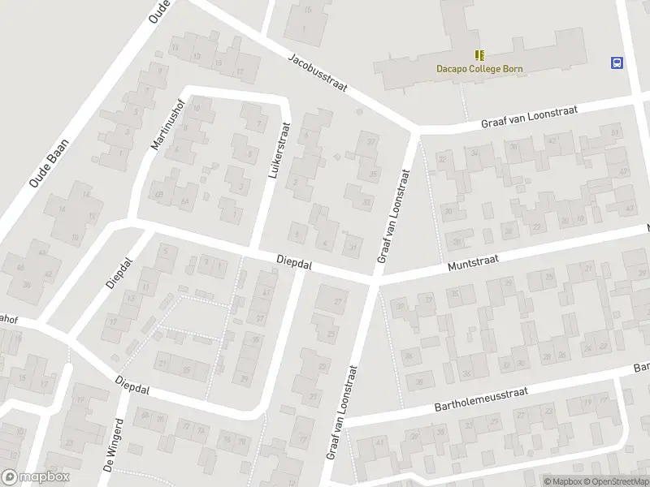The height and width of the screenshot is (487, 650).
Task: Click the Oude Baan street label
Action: [50, 164]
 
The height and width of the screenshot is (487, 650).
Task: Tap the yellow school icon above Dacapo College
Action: [479, 55]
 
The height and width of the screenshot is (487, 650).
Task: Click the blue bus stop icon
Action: [617, 62]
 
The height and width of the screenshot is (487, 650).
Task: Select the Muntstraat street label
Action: [472, 264]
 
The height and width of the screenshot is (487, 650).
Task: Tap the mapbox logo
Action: [35, 477]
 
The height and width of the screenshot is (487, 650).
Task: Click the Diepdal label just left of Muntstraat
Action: [294, 262]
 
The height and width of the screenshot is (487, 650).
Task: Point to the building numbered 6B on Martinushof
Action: [159, 195]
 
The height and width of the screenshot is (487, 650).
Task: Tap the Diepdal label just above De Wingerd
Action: [133, 382]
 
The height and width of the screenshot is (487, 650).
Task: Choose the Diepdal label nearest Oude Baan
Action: [119, 274]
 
